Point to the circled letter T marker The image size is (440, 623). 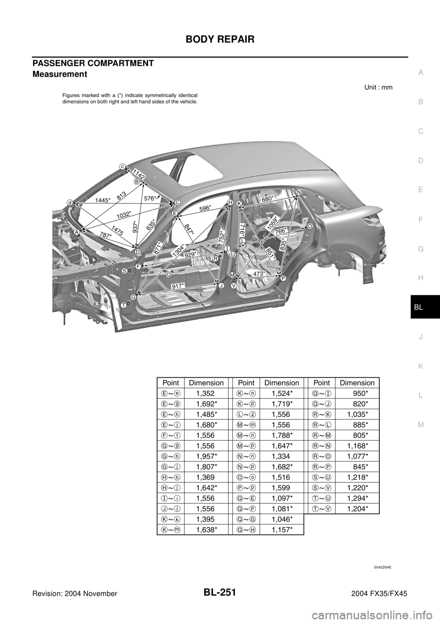[124, 305]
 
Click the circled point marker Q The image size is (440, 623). [168, 275]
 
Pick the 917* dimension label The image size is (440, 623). [178, 286]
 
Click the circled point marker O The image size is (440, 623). [310, 227]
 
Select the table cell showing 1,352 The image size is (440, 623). [205, 393]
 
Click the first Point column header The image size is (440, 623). [170, 383]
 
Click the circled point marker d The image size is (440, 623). [70, 202]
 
